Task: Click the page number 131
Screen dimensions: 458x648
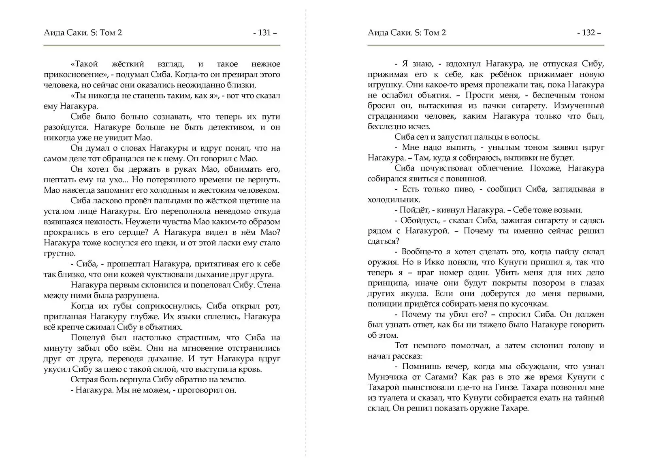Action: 264,33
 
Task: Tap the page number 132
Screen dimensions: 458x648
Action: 588,33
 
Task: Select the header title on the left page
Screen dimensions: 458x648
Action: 83,33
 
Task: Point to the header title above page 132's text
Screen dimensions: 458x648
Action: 407,33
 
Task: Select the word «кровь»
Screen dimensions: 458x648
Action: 252,369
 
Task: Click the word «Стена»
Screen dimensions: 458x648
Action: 269,285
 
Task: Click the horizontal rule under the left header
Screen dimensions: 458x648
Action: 162,45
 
